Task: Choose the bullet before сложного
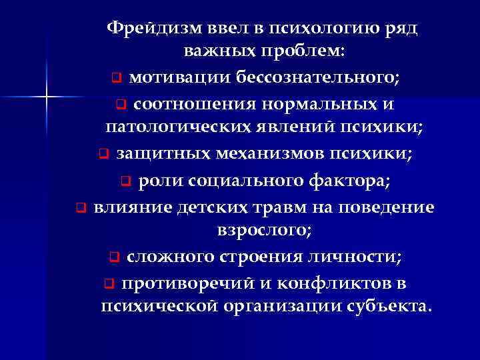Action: (x=114, y=257)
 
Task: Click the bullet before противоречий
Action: (x=108, y=283)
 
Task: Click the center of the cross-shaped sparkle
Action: (x=47, y=99)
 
